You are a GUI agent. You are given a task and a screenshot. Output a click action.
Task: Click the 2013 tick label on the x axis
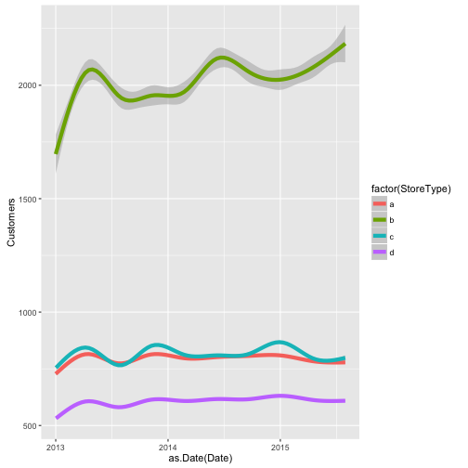pyautogui.click(x=56, y=448)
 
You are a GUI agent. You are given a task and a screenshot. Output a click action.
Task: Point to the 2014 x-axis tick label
pyautogui.click(x=168, y=448)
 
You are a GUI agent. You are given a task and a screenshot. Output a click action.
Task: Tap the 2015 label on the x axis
pyautogui.click(x=279, y=448)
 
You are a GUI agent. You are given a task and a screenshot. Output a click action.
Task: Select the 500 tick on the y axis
pyautogui.click(x=30, y=426)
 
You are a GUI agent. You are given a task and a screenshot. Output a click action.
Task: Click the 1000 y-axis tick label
pyautogui.click(x=28, y=313)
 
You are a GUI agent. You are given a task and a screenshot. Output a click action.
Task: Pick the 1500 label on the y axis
pyautogui.click(x=28, y=199)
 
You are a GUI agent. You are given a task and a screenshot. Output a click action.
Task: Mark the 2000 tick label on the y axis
pyautogui.click(x=28, y=85)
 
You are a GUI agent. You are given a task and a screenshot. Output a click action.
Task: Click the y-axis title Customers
pyautogui.click(x=11, y=223)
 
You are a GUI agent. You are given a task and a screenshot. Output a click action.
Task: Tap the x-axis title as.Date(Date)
pyautogui.click(x=201, y=458)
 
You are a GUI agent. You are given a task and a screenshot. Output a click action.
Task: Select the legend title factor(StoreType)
pyautogui.click(x=411, y=188)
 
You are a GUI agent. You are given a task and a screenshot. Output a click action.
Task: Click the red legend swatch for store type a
pyautogui.click(x=380, y=203)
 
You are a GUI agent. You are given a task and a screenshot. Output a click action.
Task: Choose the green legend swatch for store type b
pyautogui.click(x=380, y=220)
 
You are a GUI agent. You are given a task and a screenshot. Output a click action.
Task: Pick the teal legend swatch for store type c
pyautogui.click(x=380, y=236)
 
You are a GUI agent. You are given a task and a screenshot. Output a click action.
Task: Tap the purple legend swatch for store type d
pyautogui.click(x=380, y=252)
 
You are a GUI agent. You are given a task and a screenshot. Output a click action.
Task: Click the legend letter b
pyautogui.click(x=392, y=220)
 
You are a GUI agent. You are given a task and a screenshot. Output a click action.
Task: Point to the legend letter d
pyautogui.click(x=392, y=253)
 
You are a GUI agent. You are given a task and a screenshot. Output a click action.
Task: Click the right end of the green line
pyautogui.click(x=344, y=45)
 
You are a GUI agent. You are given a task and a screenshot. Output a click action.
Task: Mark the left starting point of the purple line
pyautogui.click(x=57, y=418)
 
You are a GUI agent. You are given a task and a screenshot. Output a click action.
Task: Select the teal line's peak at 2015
pyautogui.click(x=279, y=343)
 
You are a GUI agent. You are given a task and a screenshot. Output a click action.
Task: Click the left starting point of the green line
pyautogui.click(x=56, y=153)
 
